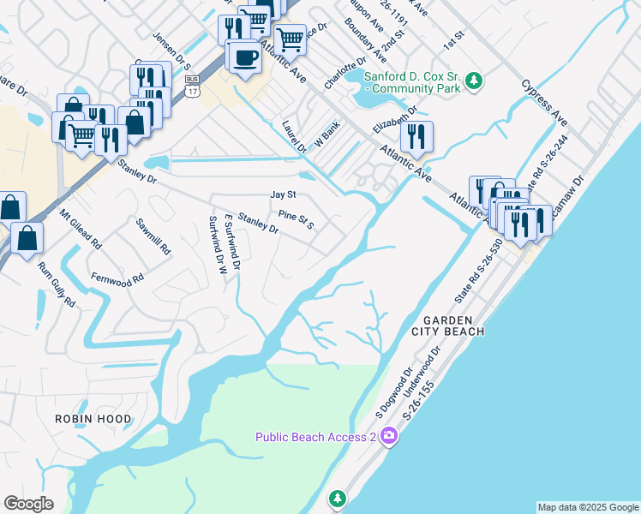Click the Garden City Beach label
(x=453, y=324)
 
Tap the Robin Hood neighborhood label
(x=93, y=419)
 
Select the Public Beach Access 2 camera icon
(x=389, y=437)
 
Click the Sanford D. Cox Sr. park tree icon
(x=473, y=83)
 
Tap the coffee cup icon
(x=246, y=57)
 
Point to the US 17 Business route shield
(x=192, y=85)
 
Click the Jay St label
(x=283, y=195)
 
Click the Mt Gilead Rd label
(x=80, y=230)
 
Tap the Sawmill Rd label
(x=153, y=237)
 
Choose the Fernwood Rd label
(x=117, y=279)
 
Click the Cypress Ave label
(x=545, y=102)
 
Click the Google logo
(x=28, y=504)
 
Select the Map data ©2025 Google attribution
(x=588, y=507)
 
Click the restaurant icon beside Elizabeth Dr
(x=416, y=136)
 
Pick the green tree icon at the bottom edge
(x=338, y=498)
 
